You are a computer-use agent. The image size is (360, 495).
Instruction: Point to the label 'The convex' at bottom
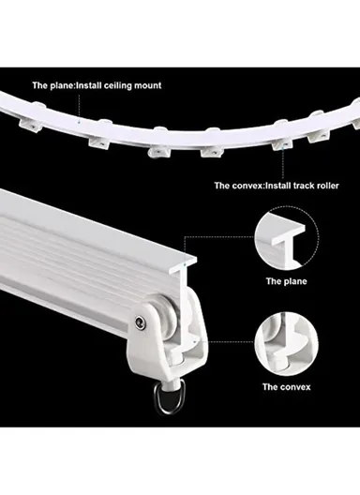pyautogui.click(x=286, y=386)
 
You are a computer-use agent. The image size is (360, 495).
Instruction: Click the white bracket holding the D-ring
pyautogui.click(x=178, y=347)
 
